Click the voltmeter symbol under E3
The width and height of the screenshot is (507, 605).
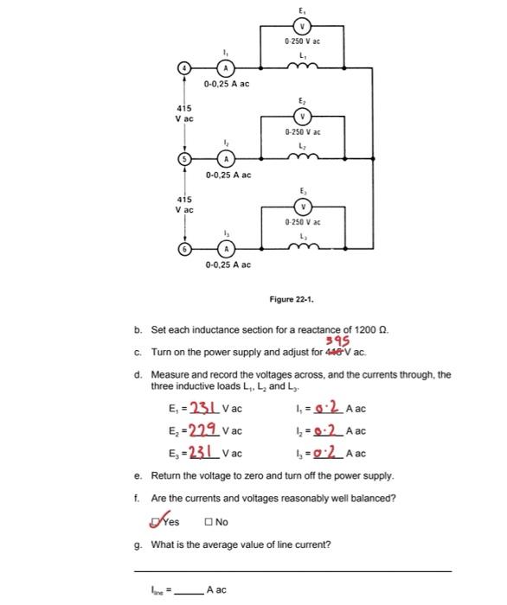tap(303, 207)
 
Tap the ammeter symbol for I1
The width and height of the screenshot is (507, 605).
tap(225, 68)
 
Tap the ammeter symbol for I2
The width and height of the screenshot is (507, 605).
tap(226, 159)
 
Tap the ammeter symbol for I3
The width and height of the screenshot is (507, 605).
tap(226, 249)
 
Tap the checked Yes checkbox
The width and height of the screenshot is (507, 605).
tap(156, 520)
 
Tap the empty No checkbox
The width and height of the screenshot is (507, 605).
tap(209, 521)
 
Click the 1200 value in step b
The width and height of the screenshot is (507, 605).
tap(364, 331)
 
